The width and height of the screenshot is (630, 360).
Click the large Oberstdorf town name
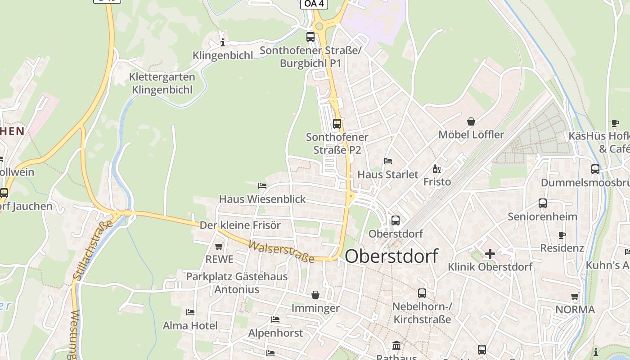(391, 256)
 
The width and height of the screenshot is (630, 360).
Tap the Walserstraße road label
(281, 252)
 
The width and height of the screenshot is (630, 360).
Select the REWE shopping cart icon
(219, 246)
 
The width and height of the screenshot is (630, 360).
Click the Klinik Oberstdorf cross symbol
(490, 254)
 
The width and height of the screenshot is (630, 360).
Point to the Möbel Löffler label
(471, 135)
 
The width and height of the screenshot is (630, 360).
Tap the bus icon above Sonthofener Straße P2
(337, 123)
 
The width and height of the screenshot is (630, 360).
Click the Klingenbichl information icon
(222, 42)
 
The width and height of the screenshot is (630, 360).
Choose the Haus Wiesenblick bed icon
(262, 185)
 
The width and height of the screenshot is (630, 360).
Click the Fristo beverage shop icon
(436, 169)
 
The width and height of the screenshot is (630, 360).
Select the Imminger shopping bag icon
(315, 295)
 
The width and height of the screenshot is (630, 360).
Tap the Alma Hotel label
(190, 325)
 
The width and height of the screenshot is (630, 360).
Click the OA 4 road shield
(314, 4)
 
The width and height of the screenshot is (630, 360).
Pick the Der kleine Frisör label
(240, 225)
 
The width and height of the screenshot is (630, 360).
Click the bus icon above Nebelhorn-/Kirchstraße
(422, 293)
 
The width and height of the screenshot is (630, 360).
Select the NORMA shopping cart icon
(575, 297)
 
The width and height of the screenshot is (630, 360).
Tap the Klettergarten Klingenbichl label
(162, 83)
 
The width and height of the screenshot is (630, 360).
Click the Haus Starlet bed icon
(388, 161)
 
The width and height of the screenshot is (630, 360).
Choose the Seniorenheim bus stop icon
(542, 203)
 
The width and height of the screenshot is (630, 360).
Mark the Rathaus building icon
(396, 346)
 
